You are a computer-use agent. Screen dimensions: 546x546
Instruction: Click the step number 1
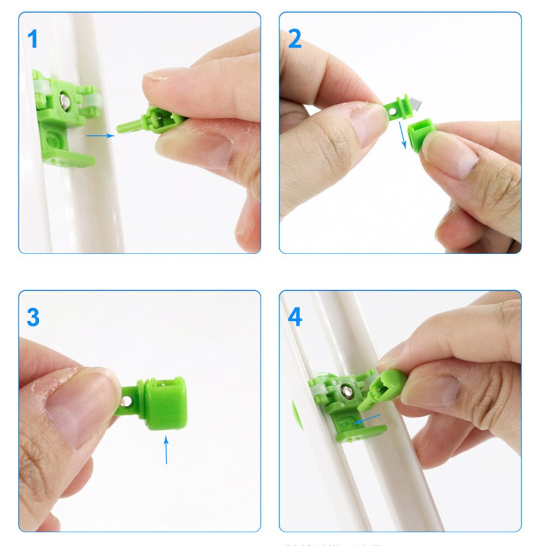[x=33, y=39]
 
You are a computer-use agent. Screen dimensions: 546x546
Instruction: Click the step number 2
[x=295, y=39]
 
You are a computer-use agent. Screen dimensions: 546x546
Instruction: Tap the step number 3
[x=33, y=317]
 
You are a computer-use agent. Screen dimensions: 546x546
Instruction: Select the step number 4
[x=295, y=317]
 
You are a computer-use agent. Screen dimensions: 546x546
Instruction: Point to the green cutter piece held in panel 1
[x=147, y=121]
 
